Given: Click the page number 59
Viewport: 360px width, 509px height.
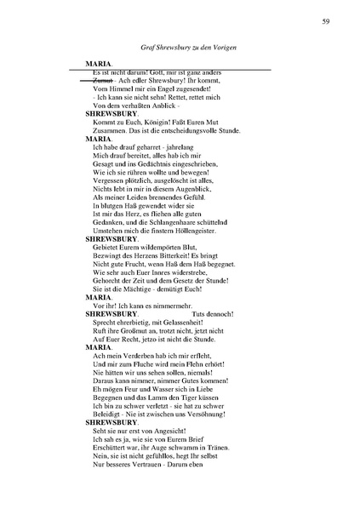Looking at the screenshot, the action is (x=327, y=20).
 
